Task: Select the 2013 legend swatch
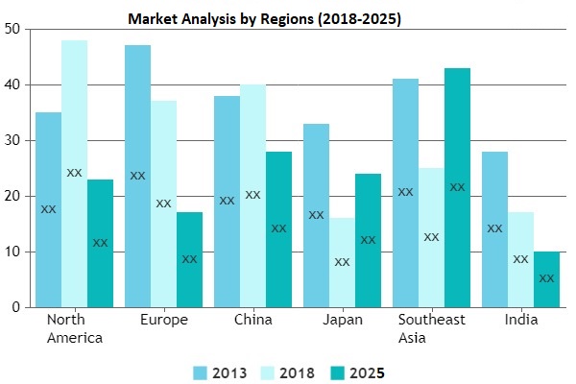pyautogui.click(x=200, y=372)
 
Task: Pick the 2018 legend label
pyautogui.click(x=299, y=372)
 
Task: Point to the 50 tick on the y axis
pyautogui.click(x=12, y=29)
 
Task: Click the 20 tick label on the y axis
pyautogui.click(x=12, y=196)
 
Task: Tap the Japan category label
pyautogui.click(x=342, y=320)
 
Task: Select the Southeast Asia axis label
pyautogui.click(x=431, y=328)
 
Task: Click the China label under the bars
pyautogui.click(x=252, y=320)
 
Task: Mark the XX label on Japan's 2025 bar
pyautogui.click(x=368, y=240)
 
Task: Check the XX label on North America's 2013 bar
pyautogui.click(x=48, y=209)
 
